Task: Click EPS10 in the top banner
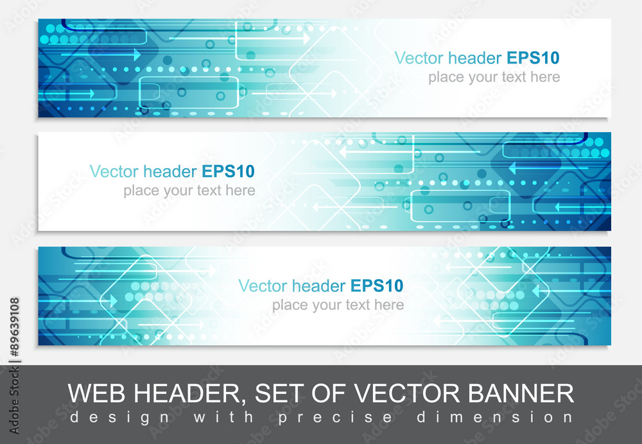(533, 58)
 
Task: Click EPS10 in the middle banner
(229, 171)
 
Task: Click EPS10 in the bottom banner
(377, 286)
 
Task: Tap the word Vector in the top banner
(419, 58)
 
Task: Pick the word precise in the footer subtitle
(335, 418)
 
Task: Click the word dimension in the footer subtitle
(495, 418)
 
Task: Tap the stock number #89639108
(14, 327)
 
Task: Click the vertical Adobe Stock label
(14, 400)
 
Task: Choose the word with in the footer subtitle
(223, 418)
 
